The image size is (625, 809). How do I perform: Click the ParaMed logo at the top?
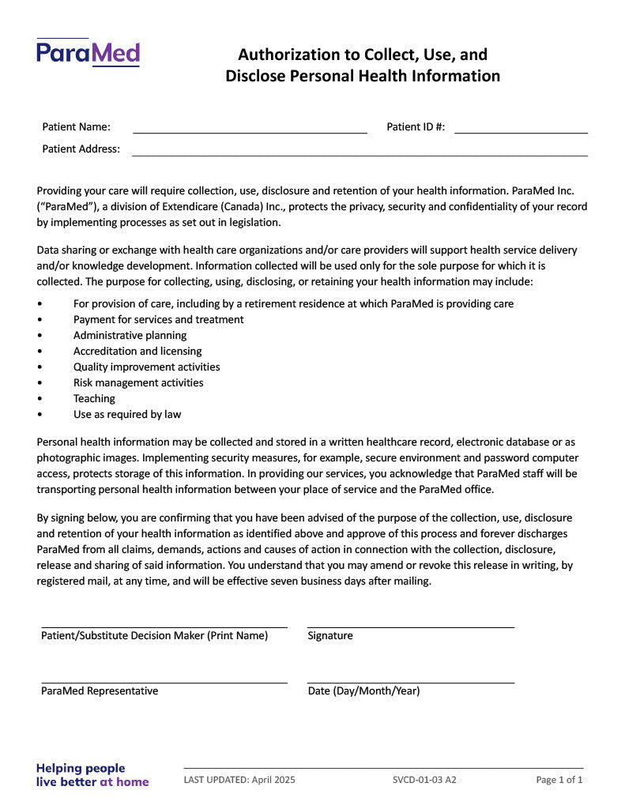coord(88,53)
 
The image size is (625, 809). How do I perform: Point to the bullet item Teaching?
coord(94,399)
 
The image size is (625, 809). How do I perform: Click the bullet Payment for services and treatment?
coord(158,320)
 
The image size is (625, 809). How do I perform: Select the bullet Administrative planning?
coord(130,336)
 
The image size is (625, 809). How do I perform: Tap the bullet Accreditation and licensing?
coord(137,352)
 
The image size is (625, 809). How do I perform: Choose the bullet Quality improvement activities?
coord(146,367)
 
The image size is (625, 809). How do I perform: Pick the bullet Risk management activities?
coord(138,383)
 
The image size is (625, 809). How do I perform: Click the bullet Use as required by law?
coord(127,415)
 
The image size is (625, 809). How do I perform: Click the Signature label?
coord(330,636)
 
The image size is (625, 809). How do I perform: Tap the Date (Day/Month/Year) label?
coord(363,691)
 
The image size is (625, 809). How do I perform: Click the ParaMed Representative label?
coord(100,691)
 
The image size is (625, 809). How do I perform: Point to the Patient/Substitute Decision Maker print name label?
coord(154,636)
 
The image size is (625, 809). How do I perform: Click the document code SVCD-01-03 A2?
coord(424,781)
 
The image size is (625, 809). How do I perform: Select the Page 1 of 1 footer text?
coord(559,781)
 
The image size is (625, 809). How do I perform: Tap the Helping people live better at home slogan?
coord(92,775)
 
